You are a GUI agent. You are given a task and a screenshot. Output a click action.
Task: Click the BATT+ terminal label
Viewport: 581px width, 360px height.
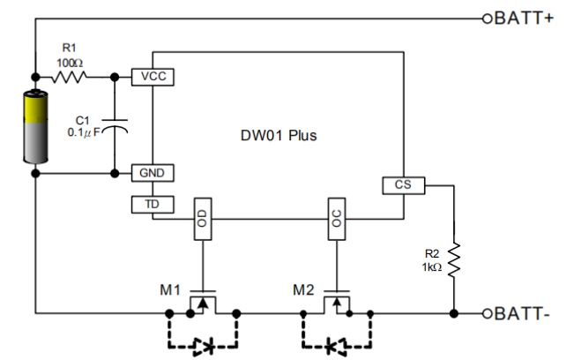point(524,19)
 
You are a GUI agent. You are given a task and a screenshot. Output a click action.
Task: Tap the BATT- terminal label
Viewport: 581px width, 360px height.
point(522,313)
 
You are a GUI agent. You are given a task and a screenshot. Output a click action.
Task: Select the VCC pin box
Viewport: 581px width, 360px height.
point(153,77)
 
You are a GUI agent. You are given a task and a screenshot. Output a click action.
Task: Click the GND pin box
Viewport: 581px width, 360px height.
point(153,173)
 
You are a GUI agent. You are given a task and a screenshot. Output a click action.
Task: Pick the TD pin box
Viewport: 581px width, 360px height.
point(153,205)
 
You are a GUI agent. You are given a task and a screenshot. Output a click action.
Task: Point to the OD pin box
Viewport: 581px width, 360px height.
point(203,219)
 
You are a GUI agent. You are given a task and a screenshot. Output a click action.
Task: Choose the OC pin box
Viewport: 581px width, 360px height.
point(337,219)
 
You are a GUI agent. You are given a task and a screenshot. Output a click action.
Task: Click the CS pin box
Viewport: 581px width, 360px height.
point(404,185)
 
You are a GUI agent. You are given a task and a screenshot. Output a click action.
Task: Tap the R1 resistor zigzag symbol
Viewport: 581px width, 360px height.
point(69,77)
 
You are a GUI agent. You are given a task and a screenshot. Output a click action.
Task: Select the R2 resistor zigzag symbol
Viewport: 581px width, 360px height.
point(454,260)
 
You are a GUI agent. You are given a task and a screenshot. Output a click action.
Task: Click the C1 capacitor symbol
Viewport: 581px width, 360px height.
point(115,125)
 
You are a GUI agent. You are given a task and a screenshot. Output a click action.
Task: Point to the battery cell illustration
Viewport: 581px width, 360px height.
point(35,126)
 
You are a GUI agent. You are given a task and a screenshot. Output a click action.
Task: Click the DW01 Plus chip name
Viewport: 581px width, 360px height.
point(279,136)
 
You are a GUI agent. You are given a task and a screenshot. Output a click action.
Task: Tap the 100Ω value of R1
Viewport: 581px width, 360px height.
point(70,63)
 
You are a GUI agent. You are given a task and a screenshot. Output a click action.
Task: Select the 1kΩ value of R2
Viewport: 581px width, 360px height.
point(432,267)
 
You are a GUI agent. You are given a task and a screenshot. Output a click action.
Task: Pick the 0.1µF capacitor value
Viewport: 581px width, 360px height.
point(84,132)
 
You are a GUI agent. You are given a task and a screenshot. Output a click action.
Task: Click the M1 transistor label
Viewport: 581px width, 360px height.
point(170,290)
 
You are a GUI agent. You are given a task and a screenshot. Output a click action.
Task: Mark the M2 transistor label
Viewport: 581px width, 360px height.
point(303,290)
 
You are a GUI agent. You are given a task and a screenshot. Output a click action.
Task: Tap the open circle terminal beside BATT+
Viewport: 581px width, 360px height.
point(488,19)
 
